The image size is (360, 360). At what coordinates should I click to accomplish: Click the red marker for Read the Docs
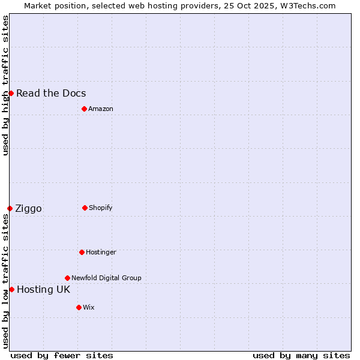11,93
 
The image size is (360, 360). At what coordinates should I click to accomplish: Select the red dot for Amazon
84,109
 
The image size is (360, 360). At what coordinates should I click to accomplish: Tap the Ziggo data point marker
10,208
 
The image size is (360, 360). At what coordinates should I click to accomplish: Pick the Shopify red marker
85,208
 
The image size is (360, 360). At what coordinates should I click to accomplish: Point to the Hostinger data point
82,252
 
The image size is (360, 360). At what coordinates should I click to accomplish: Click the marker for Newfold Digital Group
67,278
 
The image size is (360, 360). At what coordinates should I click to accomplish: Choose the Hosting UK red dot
11,289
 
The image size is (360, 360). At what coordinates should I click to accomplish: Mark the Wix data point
79,307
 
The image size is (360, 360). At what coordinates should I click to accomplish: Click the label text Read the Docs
51,93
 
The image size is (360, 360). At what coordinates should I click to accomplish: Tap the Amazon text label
101,109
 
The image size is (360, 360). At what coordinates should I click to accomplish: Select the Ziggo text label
28,208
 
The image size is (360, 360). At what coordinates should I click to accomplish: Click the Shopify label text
101,208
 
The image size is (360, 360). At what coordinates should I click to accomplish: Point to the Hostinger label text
101,252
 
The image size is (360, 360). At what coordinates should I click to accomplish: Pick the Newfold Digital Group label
106,278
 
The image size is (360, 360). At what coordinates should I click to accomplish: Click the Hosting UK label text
43,289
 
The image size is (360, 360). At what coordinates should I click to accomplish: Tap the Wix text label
89,307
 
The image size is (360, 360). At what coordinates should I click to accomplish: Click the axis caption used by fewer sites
62,355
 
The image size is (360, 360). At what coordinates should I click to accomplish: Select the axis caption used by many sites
301,355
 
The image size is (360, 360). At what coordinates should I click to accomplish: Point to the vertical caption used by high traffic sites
5,85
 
